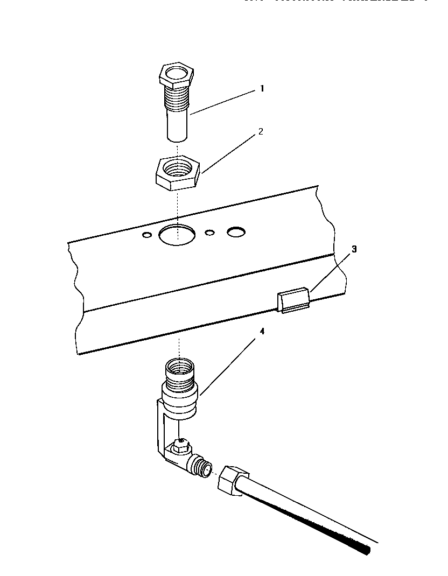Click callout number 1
[x=262, y=89]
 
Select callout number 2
[x=261, y=131]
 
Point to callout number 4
[x=262, y=332]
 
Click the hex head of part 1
[x=176, y=75]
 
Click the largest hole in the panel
[x=178, y=235]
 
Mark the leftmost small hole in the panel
[x=146, y=235]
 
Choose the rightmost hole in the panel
[x=236, y=231]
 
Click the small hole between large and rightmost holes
[x=210, y=233]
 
